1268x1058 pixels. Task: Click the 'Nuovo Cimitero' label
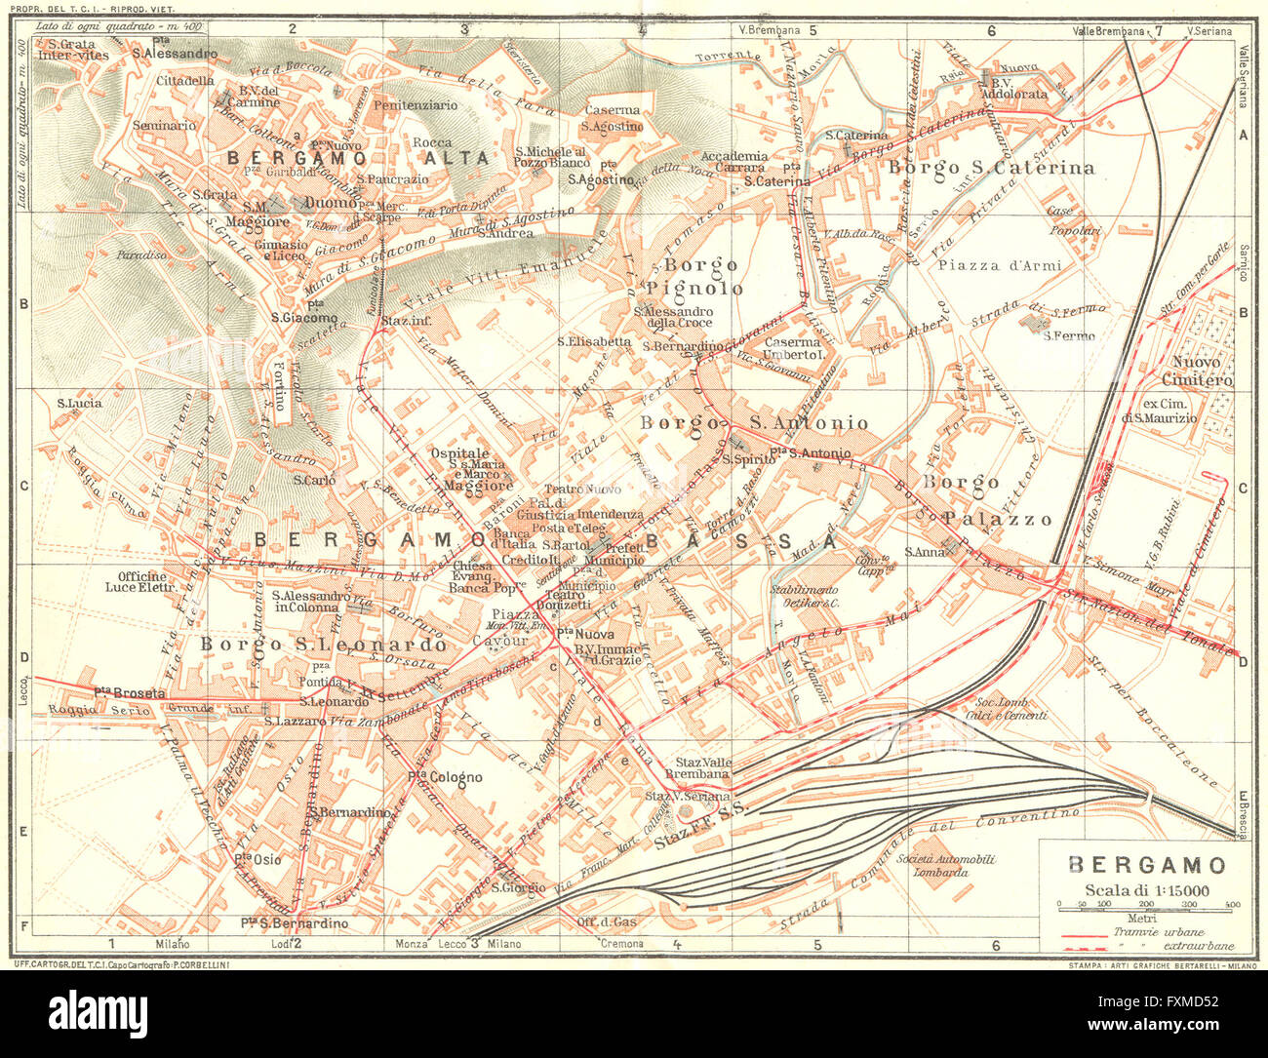pyautogui.click(x=1197, y=372)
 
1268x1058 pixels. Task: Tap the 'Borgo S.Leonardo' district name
pyautogui.click(x=323, y=645)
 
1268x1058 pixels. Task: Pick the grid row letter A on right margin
pyautogui.click(x=1243, y=136)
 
